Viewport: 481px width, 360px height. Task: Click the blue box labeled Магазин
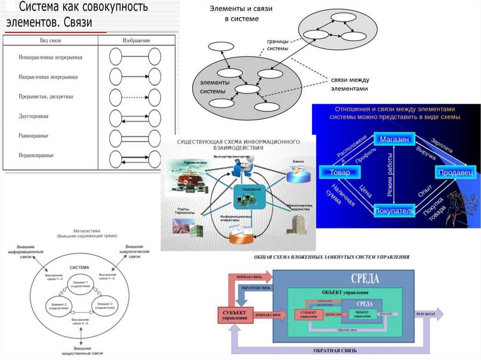click(395, 139)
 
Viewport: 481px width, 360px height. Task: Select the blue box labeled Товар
click(341, 173)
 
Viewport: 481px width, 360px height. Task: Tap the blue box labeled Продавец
click(456, 173)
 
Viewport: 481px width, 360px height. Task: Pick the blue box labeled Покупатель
click(395, 210)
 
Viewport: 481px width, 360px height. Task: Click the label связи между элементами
click(349, 84)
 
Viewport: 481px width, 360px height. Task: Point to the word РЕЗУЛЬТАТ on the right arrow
click(425, 314)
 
